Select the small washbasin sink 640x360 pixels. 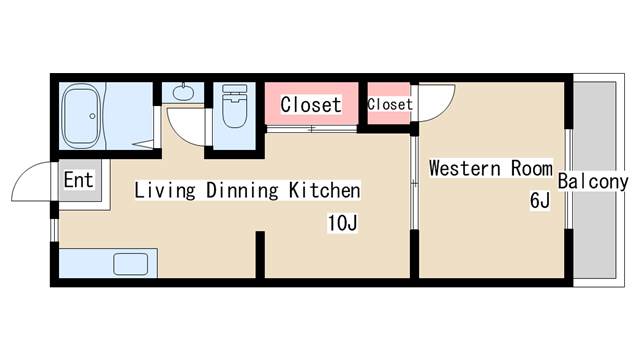(182, 93)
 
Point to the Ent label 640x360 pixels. (78, 181)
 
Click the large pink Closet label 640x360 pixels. (310, 104)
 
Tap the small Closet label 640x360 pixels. (390, 104)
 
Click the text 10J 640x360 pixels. (341, 223)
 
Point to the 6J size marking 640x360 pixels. (539, 201)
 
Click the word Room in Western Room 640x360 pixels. (532, 168)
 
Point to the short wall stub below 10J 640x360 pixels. (259, 254)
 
